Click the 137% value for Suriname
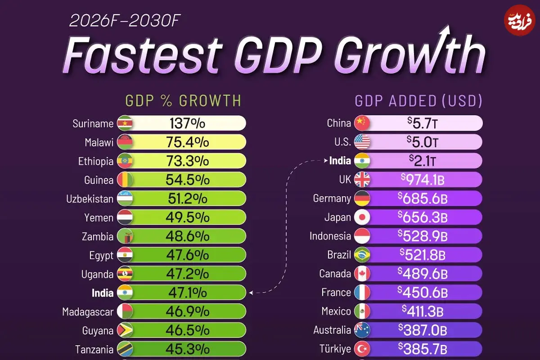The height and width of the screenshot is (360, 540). pyautogui.click(x=187, y=123)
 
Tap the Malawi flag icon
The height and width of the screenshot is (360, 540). pyautogui.click(x=125, y=142)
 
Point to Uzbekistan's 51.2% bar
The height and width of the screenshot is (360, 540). pyautogui.click(x=188, y=199)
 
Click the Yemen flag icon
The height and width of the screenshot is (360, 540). pyautogui.click(x=125, y=218)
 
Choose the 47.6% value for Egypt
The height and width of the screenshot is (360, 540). pyautogui.click(x=188, y=255)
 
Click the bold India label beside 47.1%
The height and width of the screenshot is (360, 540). pyautogui.click(x=103, y=293)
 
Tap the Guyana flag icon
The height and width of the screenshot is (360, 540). pyautogui.click(x=125, y=331)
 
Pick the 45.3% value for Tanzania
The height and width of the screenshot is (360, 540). pyautogui.click(x=188, y=349)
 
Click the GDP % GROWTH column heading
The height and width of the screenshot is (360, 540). pyautogui.click(x=183, y=101)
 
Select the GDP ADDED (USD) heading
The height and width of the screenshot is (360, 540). pyautogui.click(x=418, y=101)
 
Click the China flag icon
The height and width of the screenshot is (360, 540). pyautogui.click(x=362, y=123)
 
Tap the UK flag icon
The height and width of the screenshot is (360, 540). pyautogui.click(x=362, y=180)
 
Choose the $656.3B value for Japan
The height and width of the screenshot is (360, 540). pyautogui.click(x=423, y=217)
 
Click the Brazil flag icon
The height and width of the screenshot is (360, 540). pyautogui.click(x=362, y=255)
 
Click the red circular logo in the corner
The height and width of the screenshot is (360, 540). pyautogui.click(x=519, y=20)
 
